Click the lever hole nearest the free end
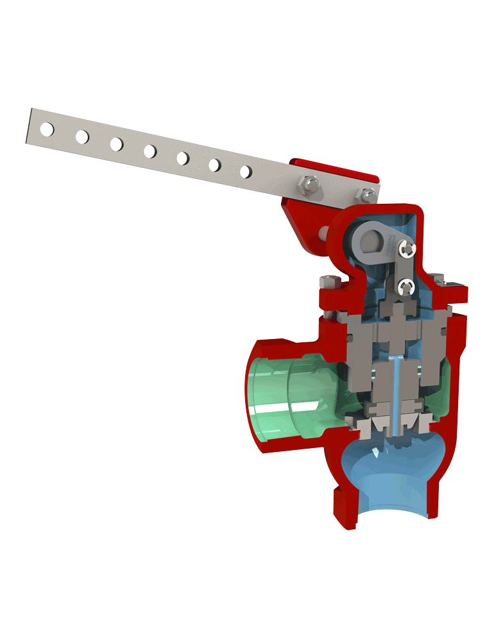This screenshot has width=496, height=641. click(x=46, y=129)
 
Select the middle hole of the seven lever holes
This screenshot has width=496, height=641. click(x=150, y=151)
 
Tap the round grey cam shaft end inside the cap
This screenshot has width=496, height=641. click(x=372, y=242)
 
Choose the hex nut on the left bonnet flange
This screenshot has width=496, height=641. click(x=329, y=282)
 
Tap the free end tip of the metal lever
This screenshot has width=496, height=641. click(x=30, y=125)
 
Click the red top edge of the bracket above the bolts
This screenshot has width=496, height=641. click(x=334, y=168)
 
